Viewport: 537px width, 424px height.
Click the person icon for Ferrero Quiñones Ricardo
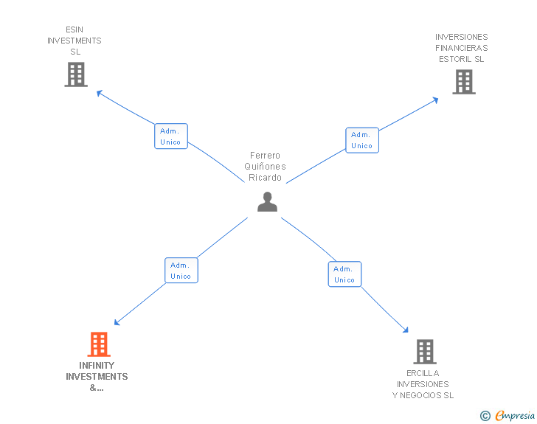pos(267,202)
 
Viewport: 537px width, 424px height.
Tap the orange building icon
pos(99,344)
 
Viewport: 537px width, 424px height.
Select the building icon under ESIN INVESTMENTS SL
pos(76,74)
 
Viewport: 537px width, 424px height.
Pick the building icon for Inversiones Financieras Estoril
pos(464,82)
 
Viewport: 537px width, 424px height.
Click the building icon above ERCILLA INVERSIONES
pos(425,352)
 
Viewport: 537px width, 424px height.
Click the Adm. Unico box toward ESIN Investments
pos(171,136)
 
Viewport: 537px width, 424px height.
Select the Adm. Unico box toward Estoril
pos(362,140)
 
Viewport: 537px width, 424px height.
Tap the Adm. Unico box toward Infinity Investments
pos(181,270)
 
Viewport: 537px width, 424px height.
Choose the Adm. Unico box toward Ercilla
pos(344,274)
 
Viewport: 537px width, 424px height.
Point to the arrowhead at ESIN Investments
pos(100,93)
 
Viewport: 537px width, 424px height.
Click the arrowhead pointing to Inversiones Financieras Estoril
pos(436,100)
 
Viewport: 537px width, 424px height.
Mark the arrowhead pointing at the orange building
pos(117,323)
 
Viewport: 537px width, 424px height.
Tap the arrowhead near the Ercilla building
pos(406,330)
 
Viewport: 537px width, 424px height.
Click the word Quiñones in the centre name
pos(265,167)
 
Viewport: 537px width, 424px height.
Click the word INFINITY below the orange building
pos(97,366)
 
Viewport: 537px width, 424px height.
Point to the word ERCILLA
pos(423,373)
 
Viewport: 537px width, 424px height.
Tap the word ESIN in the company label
pos(75,29)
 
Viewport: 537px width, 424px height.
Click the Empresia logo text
pos(515,415)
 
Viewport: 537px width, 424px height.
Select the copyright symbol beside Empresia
pos(485,416)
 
